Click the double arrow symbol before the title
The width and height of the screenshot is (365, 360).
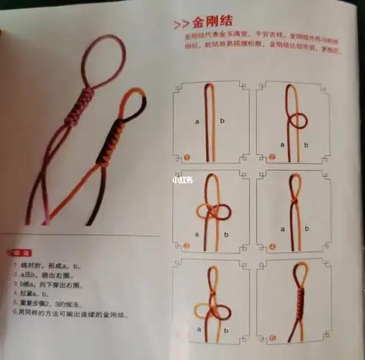181,24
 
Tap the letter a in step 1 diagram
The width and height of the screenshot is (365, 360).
197,122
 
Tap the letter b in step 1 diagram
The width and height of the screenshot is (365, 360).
222,122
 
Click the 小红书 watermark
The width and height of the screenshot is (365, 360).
182,181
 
